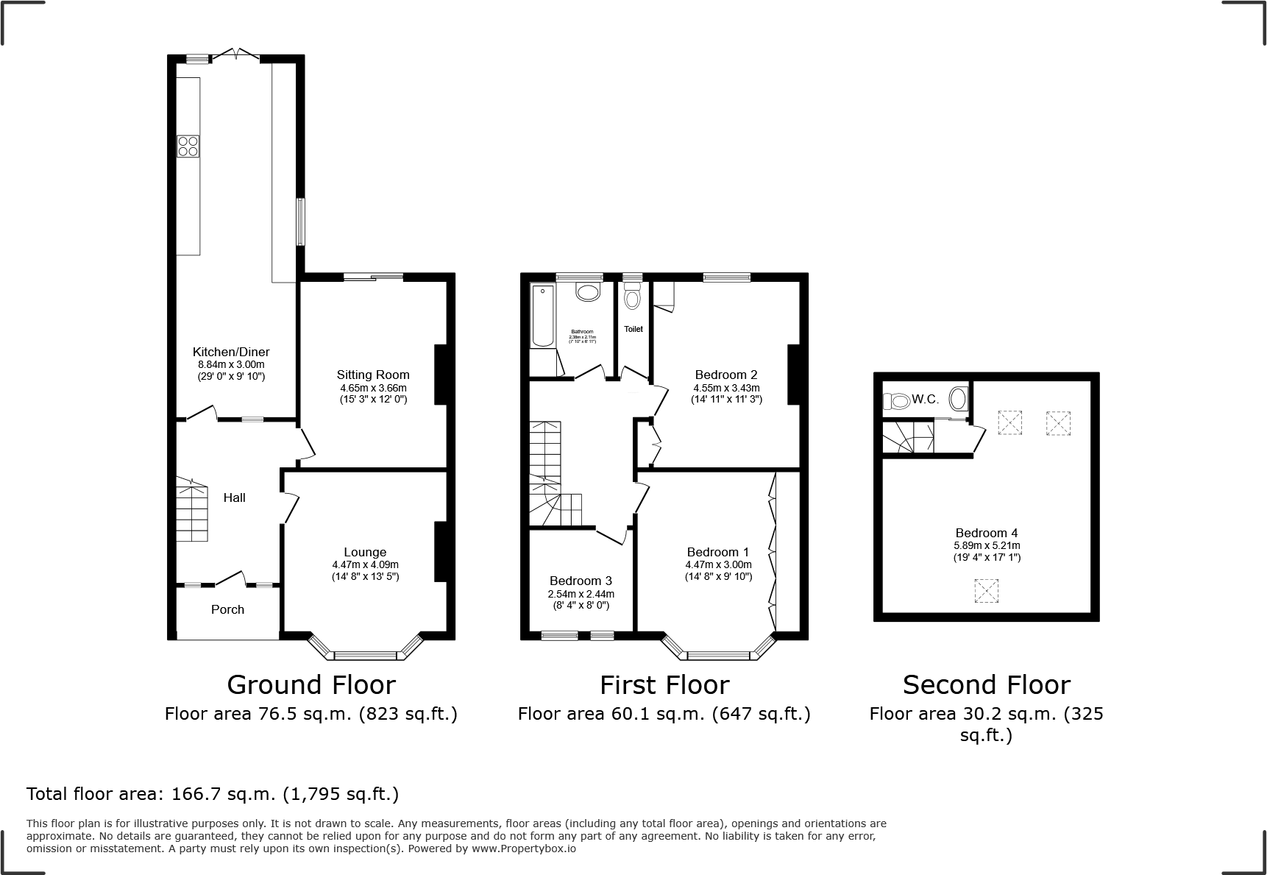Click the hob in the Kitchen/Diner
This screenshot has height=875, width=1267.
188,146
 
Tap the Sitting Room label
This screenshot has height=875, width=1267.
373,375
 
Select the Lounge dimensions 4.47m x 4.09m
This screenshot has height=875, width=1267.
365,564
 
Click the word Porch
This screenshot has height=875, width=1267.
227,609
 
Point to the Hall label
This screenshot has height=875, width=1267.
234,497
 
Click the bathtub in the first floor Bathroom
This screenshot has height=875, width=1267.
542,316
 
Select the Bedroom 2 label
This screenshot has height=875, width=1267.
725,375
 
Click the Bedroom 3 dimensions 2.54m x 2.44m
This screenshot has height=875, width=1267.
581,594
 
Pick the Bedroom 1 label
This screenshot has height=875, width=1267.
717,552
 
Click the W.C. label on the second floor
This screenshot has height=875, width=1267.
925,400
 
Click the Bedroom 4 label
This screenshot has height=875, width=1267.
986,533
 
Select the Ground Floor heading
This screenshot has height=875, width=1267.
311,685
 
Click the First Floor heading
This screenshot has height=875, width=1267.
664,685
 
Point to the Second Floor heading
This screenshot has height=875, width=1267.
986,685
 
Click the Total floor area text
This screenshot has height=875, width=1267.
213,794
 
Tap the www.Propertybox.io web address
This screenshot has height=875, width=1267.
524,849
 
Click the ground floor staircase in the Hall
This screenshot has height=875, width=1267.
191,510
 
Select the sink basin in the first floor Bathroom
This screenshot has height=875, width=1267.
588,293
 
